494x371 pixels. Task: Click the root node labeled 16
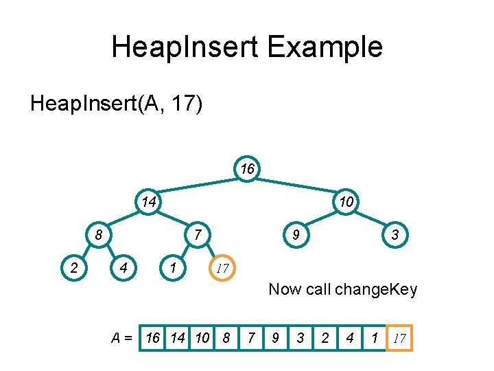click(247, 168)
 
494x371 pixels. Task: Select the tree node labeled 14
click(148, 201)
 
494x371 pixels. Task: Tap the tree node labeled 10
click(346, 201)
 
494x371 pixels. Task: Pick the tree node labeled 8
click(99, 234)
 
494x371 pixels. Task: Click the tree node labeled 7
click(198, 234)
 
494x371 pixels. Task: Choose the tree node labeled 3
click(395, 234)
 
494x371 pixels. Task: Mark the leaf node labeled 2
click(74, 267)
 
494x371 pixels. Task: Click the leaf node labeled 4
click(123, 267)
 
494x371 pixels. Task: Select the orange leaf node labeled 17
click(222, 267)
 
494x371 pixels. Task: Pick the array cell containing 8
click(226, 338)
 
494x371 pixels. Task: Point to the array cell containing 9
click(275, 338)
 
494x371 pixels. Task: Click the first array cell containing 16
click(153, 338)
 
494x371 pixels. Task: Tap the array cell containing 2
click(325, 338)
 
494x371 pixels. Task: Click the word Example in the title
click(325, 47)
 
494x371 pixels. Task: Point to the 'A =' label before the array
click(123, 338)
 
